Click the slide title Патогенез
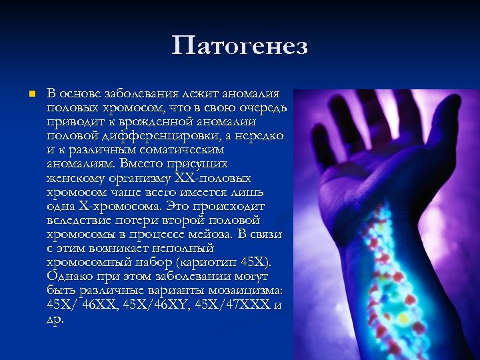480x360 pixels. (x=239, y=46)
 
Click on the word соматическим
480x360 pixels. (x=189, y=149)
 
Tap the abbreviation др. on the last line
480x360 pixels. (x=55, y=319)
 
